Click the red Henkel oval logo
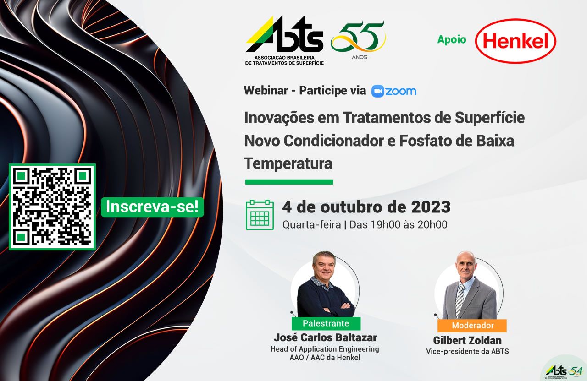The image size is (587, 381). click(x=515, y=41)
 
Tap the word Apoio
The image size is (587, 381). click(x=452, y=39)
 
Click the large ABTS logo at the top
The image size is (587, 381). click(x=285, y=41)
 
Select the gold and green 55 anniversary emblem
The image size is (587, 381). click(x=358, y=39)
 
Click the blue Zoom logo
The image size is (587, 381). click(x=394, y=91)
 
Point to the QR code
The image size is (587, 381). click(x=52, y=207)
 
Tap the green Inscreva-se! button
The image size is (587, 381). click(x=152, y=207)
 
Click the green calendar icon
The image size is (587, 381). click(x=260, y=215)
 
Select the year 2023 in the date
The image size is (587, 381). click(x=431, y=207)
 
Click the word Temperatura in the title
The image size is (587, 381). click(x=288, y=163)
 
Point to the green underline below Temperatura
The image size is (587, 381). click(x=289, y=182)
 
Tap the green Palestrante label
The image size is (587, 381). click(x=326, y=323)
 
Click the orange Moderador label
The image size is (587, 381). click(x=472, y=326)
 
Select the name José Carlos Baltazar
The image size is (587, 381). click(x=325, y=337)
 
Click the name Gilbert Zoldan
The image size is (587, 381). click(x=467, y=340)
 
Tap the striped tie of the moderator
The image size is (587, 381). click(x=460, y=301)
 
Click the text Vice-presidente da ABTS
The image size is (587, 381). click(x=467, y=351)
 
